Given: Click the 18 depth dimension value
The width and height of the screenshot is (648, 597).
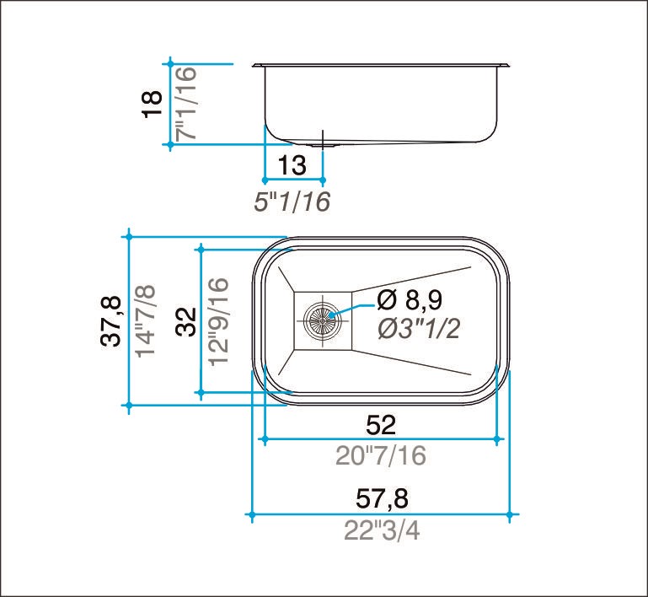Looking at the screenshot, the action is tap(153, 104).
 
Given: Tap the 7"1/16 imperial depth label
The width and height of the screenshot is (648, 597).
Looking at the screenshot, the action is tap(186, 104).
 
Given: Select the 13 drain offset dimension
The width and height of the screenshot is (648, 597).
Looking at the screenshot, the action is tap(292, 165).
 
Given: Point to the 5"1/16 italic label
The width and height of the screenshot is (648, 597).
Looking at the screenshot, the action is tap(292, 202).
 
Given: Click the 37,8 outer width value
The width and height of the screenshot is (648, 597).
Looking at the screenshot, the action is tap(111, 320).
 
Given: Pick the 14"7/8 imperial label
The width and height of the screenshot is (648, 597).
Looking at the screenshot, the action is tap(146, 320).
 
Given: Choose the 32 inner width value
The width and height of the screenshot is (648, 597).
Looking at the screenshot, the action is tap(186, 321).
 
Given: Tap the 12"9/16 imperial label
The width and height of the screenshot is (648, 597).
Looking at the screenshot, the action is tap(218, 321).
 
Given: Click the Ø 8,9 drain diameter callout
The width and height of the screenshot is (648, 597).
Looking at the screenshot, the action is tap(410, 300).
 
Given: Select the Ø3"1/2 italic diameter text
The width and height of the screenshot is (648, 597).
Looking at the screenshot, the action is tap(419, 330).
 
